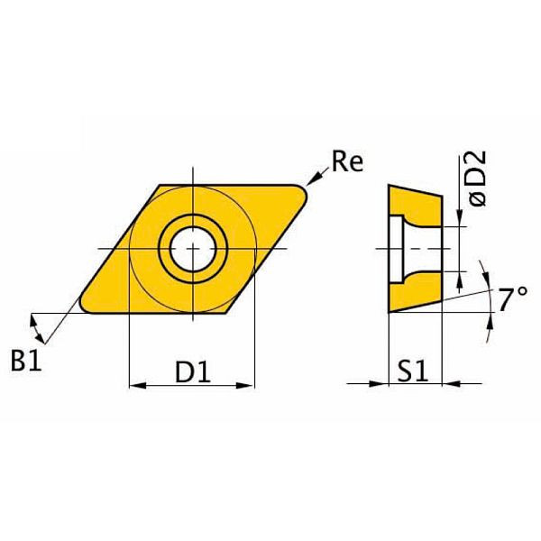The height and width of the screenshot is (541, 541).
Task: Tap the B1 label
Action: (x=29, y=361)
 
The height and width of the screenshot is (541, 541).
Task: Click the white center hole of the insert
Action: (x=191, y=246)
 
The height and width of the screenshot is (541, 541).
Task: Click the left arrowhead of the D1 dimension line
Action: (x=136, y=386)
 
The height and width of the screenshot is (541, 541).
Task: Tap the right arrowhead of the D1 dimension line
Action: (x=249, y=386)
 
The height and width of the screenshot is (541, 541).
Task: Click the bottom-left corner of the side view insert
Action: (x=389, y=311)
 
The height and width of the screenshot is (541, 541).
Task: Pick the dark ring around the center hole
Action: (x=191, y=223)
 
